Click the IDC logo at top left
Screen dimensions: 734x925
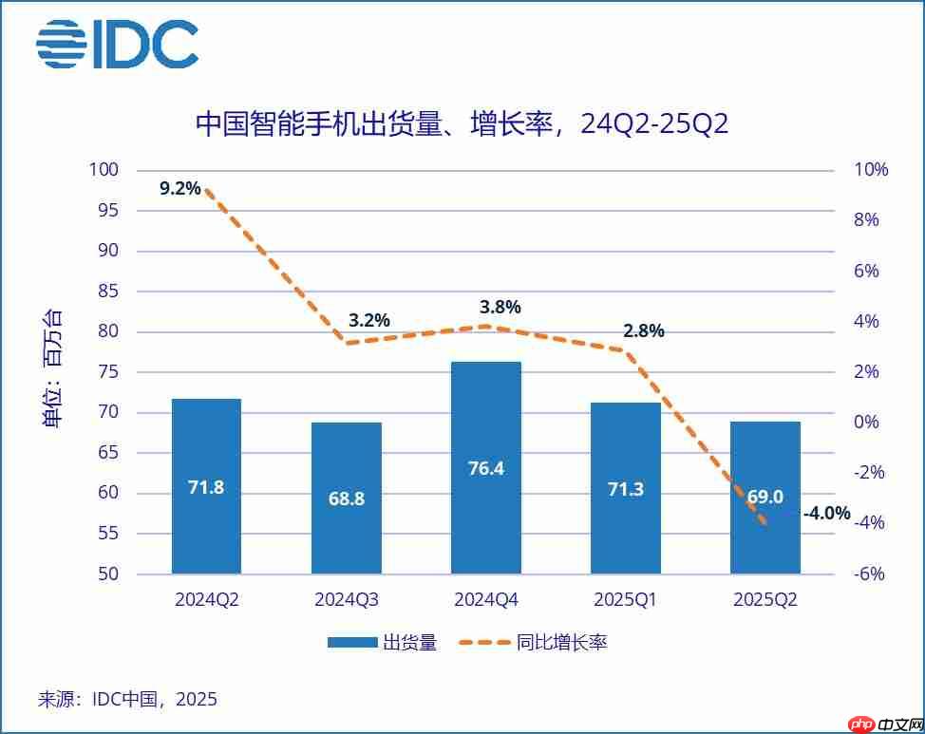117,45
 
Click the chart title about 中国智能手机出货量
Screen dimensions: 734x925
462,123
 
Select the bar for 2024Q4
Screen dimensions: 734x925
486,467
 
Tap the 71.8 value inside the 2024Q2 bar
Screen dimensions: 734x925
206,488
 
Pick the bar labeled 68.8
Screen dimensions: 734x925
346,498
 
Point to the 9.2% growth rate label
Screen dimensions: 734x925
180,188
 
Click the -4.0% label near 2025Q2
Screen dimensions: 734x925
826,514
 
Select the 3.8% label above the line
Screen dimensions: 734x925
501,307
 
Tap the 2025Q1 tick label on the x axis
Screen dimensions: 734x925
625,600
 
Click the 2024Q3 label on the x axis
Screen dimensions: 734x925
346,600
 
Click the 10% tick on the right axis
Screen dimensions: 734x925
870,170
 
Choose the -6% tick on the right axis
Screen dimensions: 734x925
870,574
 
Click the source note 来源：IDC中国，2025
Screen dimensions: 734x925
127,700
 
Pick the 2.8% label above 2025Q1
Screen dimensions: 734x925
644,331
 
